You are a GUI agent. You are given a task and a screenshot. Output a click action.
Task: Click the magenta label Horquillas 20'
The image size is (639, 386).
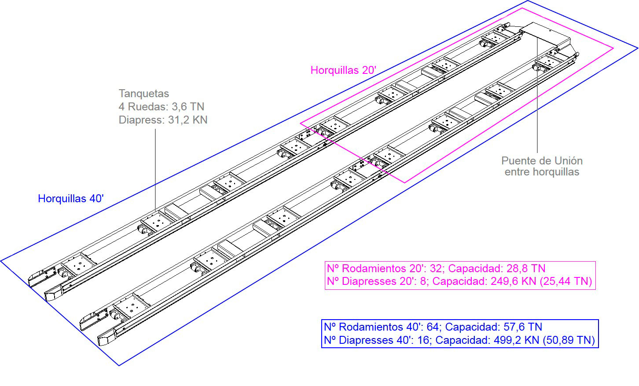click(x=343, y=70)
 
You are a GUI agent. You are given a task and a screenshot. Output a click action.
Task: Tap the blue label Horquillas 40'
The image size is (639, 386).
click(x=71, y=198)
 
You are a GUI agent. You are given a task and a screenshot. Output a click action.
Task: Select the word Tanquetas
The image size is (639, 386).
click(x=144, y=94)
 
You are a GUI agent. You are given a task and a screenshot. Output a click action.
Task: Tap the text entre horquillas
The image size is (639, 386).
click(x=542, y=172)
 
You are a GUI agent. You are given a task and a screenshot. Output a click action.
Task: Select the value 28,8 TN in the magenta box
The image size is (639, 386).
click(x=526, y=268)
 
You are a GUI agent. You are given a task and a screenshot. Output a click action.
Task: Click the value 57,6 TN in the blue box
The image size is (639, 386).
click(x=523, y=327)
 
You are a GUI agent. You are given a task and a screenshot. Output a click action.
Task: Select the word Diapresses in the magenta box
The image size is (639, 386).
click(x=370, y=281)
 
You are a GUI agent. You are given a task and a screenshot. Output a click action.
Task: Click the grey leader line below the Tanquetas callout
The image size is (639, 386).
click(x=155, y=170)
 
